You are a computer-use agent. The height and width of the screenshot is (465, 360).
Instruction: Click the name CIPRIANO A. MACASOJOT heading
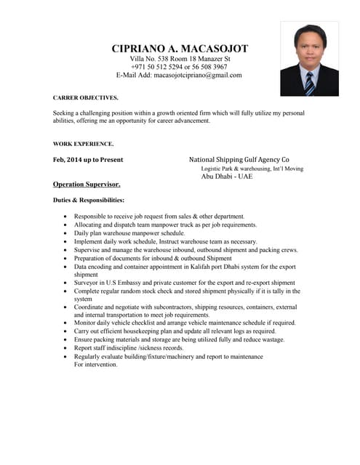[x=180, y=49]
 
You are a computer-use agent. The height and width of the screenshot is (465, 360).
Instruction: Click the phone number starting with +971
[x=179, y=66]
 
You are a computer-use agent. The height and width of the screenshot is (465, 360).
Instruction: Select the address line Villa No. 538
[x=180, y=58]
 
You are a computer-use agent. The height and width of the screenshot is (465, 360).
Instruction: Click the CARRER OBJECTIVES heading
[x=86, y=97]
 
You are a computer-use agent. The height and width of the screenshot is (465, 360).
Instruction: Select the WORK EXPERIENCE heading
[x=84, y=144]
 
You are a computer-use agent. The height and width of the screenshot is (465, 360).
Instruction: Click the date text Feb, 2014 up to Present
[x=88, y=159]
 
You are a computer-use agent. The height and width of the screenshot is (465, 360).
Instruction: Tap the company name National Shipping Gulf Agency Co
[x=239, y=159]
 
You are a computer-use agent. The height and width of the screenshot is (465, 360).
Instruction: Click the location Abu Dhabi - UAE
[x=227, y=177]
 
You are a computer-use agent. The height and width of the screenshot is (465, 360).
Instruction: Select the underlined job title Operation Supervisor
[x=87, y=185]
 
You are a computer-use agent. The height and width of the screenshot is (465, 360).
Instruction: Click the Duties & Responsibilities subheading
[x=89, y=200]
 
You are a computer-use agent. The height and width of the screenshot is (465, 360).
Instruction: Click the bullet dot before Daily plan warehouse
[x=67, y=234]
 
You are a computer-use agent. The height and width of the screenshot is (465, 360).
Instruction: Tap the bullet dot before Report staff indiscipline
[x=67, y=348]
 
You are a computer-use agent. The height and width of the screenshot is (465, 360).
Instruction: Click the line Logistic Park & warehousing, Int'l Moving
[x=252, y=169]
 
